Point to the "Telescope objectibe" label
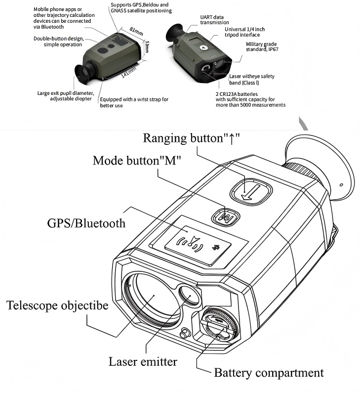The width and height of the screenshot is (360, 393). click(x=57, y=305)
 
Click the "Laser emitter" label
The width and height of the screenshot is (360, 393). click(x=142, y=361)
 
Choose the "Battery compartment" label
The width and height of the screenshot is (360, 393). click(x=269, y=372)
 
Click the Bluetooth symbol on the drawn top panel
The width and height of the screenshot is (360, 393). click(x=216, y=247)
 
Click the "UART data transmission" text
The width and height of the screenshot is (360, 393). click(x=214, y=19)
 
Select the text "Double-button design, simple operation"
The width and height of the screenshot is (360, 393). click(x=58, y=42)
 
